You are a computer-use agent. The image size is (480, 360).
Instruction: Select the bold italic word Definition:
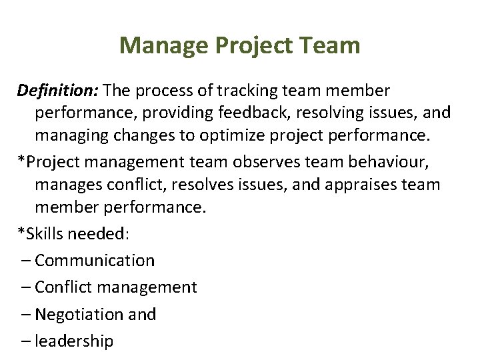click(58, 89)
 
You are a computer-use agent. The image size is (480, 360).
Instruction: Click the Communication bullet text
click(95, 261)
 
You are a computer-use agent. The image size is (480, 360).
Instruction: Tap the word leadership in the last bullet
click(74, 341)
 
